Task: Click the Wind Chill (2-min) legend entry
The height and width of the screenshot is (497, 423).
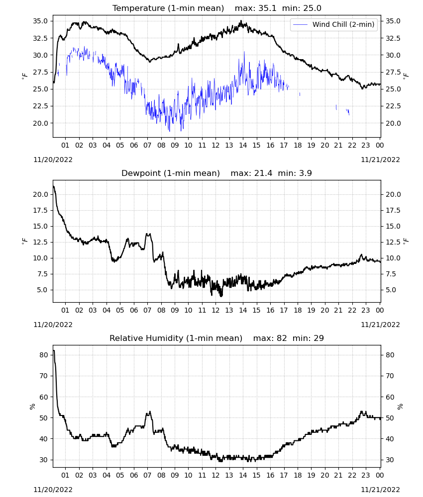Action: (334, 24)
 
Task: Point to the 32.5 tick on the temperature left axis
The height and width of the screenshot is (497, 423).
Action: (40, 38)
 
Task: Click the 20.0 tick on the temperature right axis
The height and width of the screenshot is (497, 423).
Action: (393, 123)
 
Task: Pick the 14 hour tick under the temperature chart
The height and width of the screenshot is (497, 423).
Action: (243, 145)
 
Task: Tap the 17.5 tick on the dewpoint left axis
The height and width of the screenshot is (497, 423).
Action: (40, 210)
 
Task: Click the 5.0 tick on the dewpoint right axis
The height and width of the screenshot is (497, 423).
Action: (391, 290)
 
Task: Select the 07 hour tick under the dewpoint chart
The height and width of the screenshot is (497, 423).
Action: (148, 310)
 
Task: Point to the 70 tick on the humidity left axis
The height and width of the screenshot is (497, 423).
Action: (43, 376)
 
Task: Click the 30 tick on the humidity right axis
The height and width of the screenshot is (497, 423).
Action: (390, 460)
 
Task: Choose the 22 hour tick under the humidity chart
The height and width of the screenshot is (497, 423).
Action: (352, 475)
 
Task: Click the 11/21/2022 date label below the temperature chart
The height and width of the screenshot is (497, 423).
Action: (380, 160)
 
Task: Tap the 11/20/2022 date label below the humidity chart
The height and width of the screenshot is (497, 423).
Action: (53, 490)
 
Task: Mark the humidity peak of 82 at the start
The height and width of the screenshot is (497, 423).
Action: (54, 350)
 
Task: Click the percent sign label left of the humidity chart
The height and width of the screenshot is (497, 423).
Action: (32, 407)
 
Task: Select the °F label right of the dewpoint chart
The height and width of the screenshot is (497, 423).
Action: (406, 242)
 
